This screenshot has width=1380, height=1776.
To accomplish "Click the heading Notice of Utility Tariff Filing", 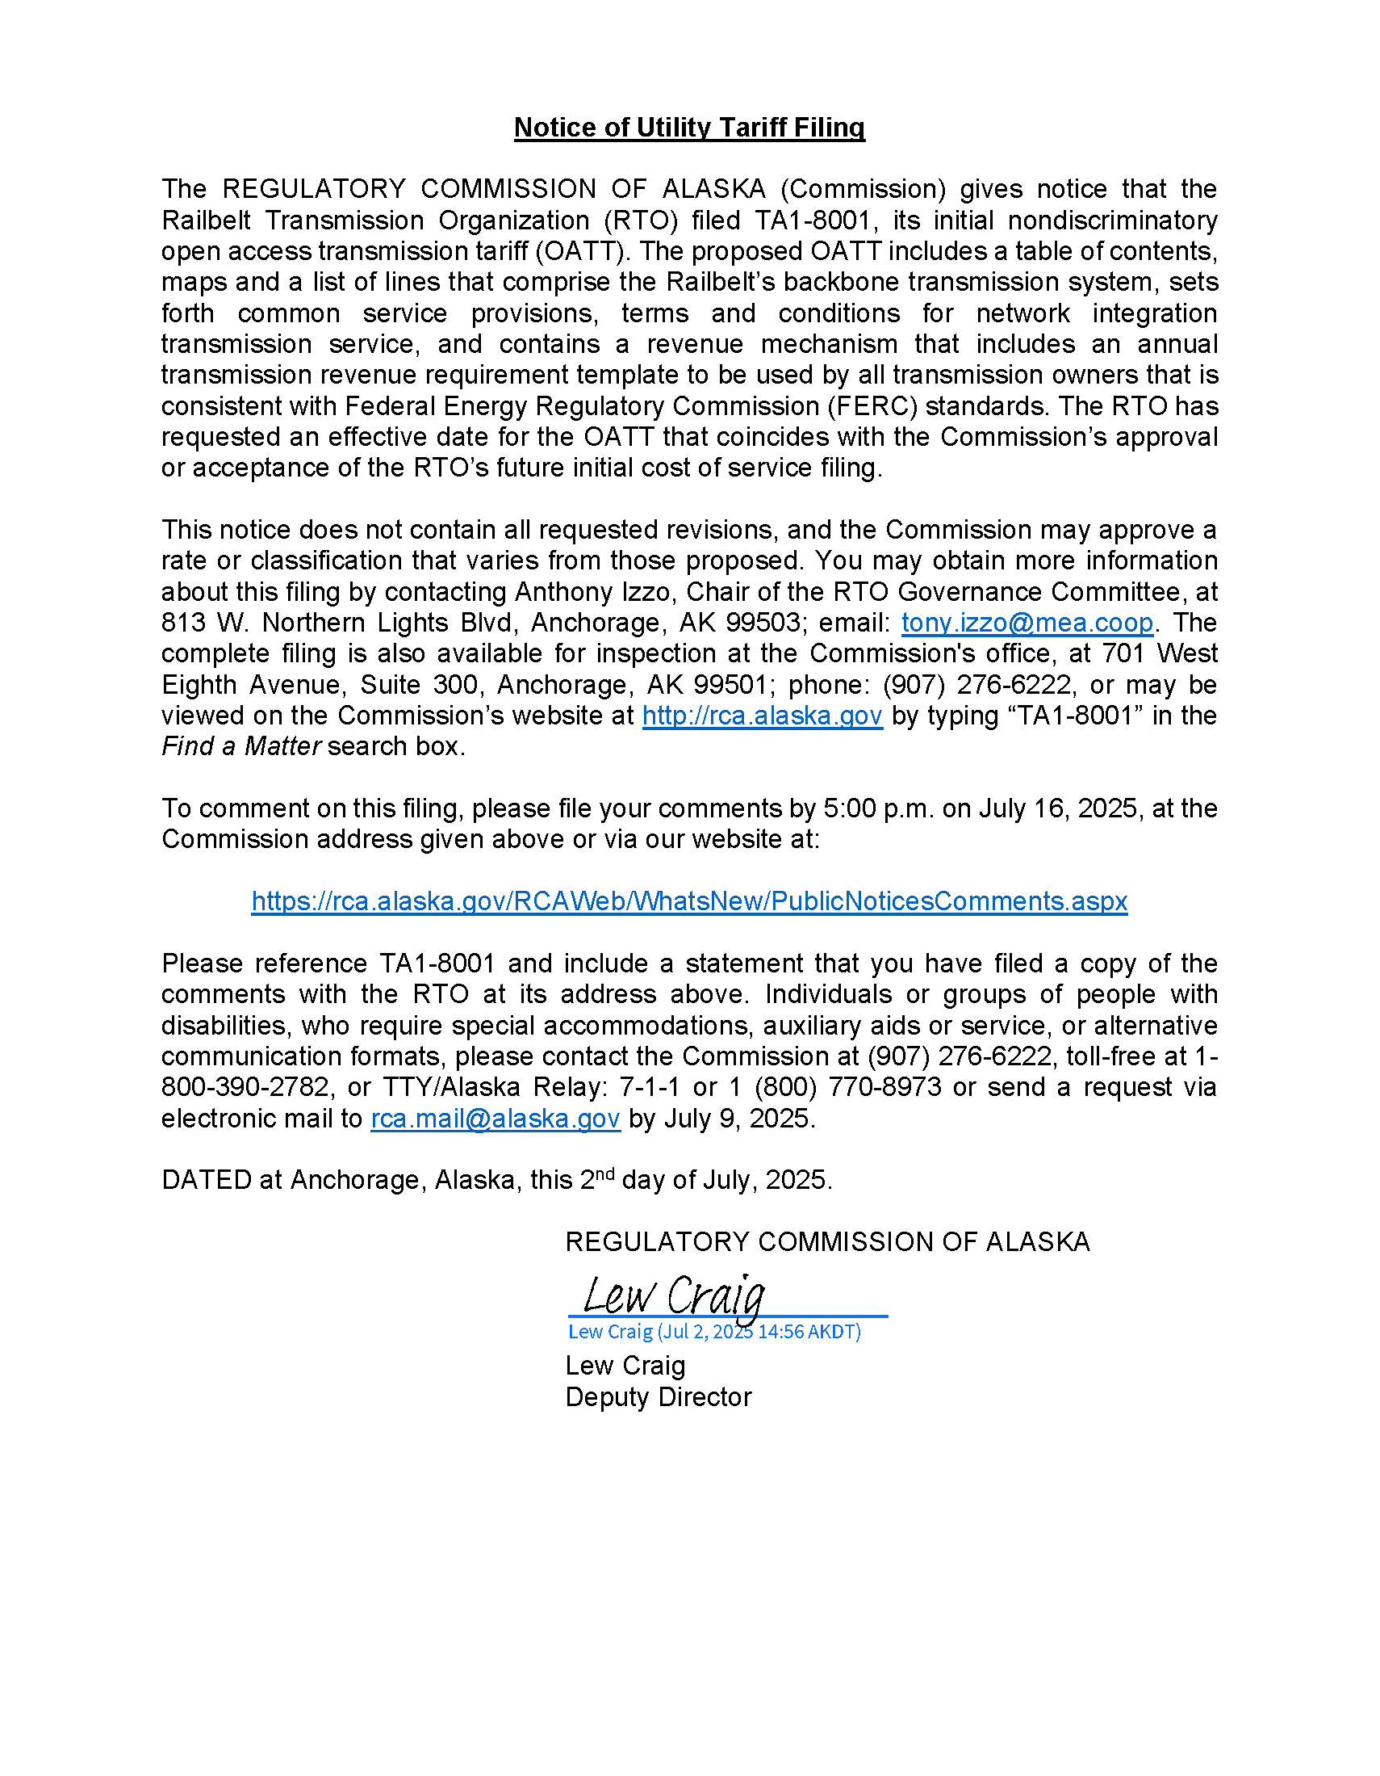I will pyautogui.click(x=689, y=128).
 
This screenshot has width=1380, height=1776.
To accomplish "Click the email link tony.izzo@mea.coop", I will pyautogui.click(x=1027, y=623).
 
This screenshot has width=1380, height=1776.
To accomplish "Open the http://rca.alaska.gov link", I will pyautogui.click(x=762, y=716).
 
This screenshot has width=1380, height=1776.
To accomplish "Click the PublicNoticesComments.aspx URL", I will pyautogui.click(x=689, y=901).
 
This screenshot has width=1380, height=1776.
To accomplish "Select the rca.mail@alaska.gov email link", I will pyautogui.click(x=495, y=1119).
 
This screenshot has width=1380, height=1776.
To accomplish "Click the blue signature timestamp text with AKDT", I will pyautogui.click(x=713, y=1332).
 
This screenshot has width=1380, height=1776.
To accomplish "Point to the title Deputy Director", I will pyautogui.click(x=659, y=1397).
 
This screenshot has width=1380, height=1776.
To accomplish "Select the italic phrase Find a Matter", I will pyautogui.click(x=241, y=746).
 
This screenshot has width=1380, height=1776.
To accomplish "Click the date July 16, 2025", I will pyautogui.click(x=1058, y=808).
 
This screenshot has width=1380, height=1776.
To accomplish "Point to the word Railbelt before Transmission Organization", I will pyautogui.click(x=206, y=220).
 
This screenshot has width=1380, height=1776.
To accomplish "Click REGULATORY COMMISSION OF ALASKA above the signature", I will pyautogui.click(x=827, y=1242).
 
